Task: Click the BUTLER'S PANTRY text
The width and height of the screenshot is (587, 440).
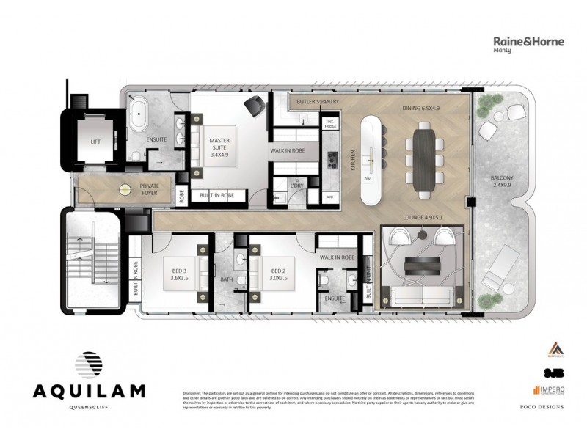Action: click(316, 102)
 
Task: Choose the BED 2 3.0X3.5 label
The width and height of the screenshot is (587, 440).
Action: click(277, 275)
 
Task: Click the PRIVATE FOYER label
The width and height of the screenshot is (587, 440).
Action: click(150, 191)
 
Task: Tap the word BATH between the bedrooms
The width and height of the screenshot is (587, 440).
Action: click(227, 279)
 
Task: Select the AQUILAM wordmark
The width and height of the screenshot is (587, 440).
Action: click(88, 390)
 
